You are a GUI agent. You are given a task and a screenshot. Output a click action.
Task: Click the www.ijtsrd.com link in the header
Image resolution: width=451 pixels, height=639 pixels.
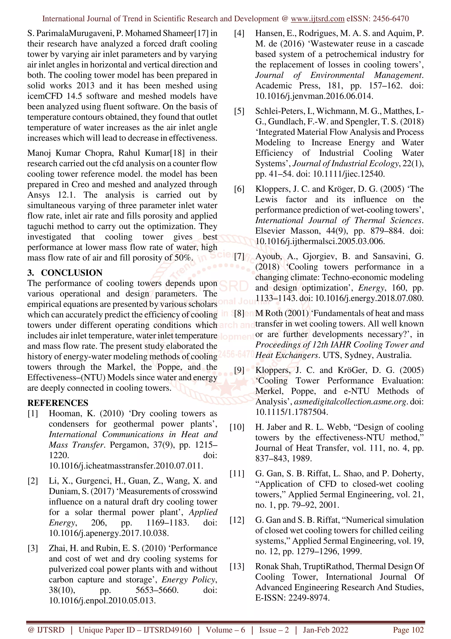pyautogui.click(x=317, y=19)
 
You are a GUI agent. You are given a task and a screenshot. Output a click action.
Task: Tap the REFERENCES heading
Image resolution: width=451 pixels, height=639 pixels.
pyautogui.click(x=58, y=403)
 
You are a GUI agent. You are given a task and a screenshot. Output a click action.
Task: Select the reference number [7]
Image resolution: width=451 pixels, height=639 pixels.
pyautogui.click(x=239, y=256)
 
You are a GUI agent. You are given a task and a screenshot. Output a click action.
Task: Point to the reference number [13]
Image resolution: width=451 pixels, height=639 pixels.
pyautogui.click(x=237, y=566)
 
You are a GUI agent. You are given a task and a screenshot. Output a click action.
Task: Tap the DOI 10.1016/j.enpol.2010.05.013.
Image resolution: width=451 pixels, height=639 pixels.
pyautogui.click(x=102, y=601)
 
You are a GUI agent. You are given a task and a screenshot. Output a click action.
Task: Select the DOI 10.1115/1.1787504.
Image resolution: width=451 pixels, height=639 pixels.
pyautogui.click(x=292, y=412)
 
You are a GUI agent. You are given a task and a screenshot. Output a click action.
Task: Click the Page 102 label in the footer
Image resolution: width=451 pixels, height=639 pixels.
pyautogui.click(x=408, y=630)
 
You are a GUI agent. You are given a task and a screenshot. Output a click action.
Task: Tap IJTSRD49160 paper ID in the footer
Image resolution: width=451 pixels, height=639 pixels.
pyautogui.click(x=167, y=630)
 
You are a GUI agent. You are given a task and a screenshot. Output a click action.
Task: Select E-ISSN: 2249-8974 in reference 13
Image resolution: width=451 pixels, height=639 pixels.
pyautogui.click(x=292, y=598)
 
